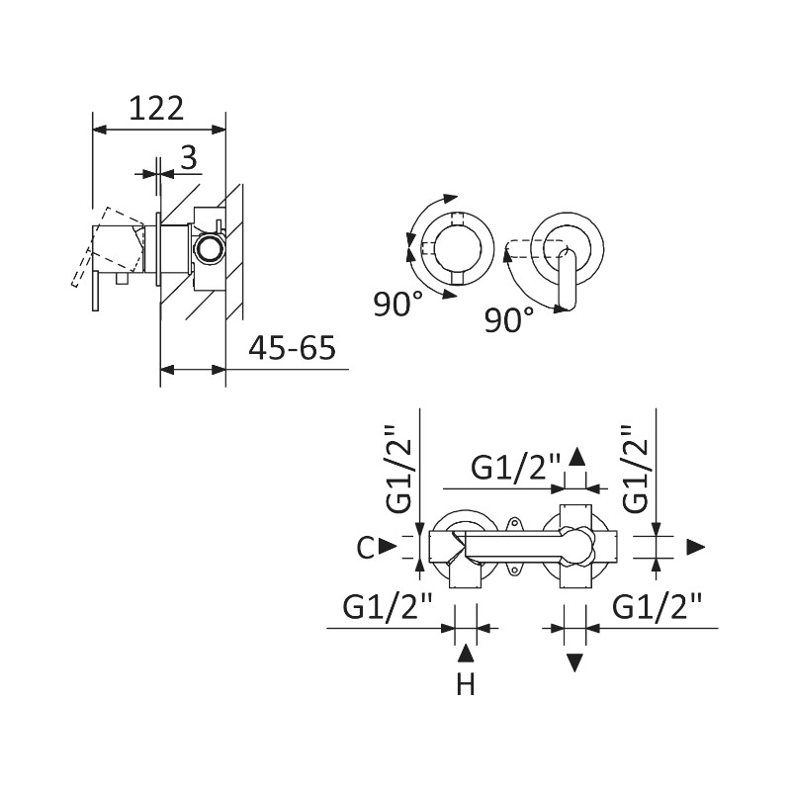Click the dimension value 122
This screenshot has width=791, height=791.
pos(157,108)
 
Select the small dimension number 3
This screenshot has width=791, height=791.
pos(189,156)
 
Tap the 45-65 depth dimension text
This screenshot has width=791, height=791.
pos(293,349)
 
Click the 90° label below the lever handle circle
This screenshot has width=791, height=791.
pos(510,318)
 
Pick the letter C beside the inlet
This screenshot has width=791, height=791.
pos(366,547)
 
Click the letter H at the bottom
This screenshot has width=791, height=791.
pos(467,683)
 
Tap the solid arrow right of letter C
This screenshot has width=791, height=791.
pos(389,546)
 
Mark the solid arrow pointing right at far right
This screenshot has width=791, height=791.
pos(696,547)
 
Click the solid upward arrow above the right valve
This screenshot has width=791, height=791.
pos(577,456)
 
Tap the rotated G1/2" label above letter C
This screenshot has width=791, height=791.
pos(396,469)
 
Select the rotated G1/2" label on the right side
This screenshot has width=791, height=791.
pos(639,469)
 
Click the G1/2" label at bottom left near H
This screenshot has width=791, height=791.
pos(389,605)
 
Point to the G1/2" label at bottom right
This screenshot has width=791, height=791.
pos(658,605)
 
